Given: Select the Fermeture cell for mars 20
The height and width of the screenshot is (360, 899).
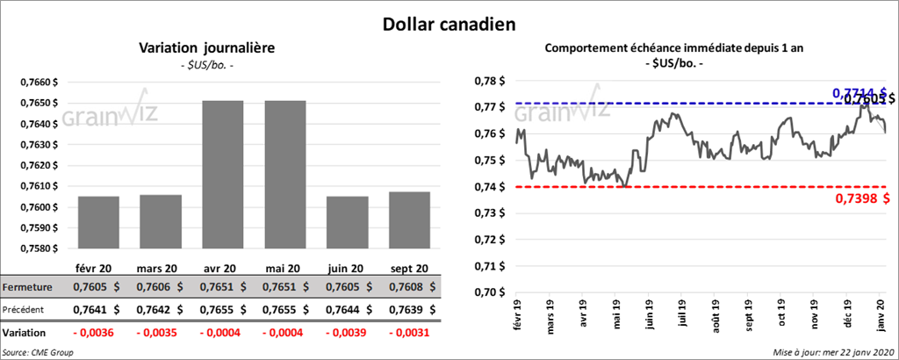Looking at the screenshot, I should (158, 287).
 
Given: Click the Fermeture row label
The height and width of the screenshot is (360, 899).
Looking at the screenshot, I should (28, 287).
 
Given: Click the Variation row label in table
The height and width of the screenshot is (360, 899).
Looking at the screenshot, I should (25, 334).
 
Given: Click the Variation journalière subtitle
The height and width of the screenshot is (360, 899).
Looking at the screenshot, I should (207, 48).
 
